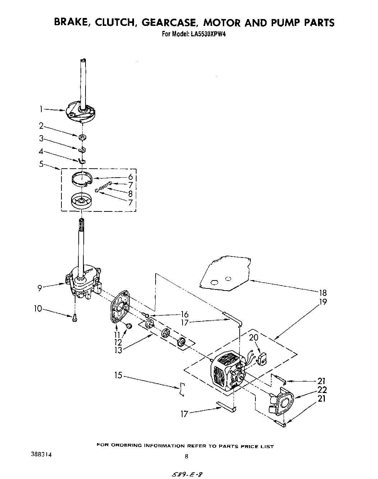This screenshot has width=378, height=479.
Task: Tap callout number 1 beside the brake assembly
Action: point(41,109)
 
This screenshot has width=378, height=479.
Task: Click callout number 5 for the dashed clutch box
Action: point(41,164)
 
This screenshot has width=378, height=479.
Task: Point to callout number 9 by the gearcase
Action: point(40,287)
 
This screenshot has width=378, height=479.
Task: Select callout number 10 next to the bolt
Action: point(38,309)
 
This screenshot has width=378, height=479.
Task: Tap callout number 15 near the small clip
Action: point(119,375)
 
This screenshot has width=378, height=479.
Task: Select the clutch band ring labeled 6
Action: point(83,179)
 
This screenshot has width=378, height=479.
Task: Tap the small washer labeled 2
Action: point(83,137)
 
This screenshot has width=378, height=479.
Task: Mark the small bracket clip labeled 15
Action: point(183,389)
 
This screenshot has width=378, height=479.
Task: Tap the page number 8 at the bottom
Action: point(186,457)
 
